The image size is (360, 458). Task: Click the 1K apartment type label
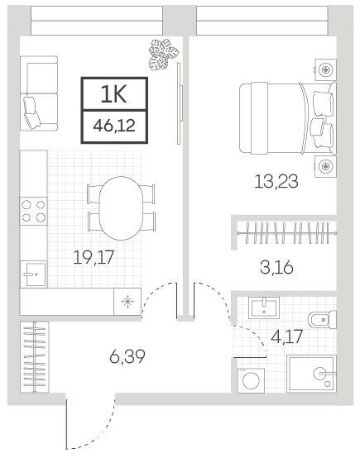click(113, 94)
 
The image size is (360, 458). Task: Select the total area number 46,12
click(114, 126)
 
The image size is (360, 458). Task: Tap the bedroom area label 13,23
click(276, 181)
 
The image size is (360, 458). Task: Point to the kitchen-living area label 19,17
click(94, 257)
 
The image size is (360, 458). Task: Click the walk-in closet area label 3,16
click(276, 267)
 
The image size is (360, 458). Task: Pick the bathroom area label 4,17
click(286, 336)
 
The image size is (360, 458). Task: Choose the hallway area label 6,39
click(127, 356)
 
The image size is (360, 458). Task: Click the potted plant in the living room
click(163, 55)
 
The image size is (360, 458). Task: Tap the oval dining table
click(121, 208)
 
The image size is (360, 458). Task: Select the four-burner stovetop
click(33, 211)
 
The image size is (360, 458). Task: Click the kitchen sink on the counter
click(33, 274)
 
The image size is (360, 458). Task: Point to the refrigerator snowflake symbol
click(127, 302)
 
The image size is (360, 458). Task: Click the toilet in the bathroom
click(323, 321)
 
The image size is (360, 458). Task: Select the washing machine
click(251, 380)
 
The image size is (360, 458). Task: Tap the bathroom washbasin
click(264, 308)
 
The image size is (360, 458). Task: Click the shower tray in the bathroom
click(311, 374)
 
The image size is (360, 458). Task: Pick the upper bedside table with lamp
click(325, 69)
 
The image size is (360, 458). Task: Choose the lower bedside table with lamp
click(325, 166)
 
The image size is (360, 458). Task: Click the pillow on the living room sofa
click(31, 112)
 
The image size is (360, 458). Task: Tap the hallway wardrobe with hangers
click(35, 357)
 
